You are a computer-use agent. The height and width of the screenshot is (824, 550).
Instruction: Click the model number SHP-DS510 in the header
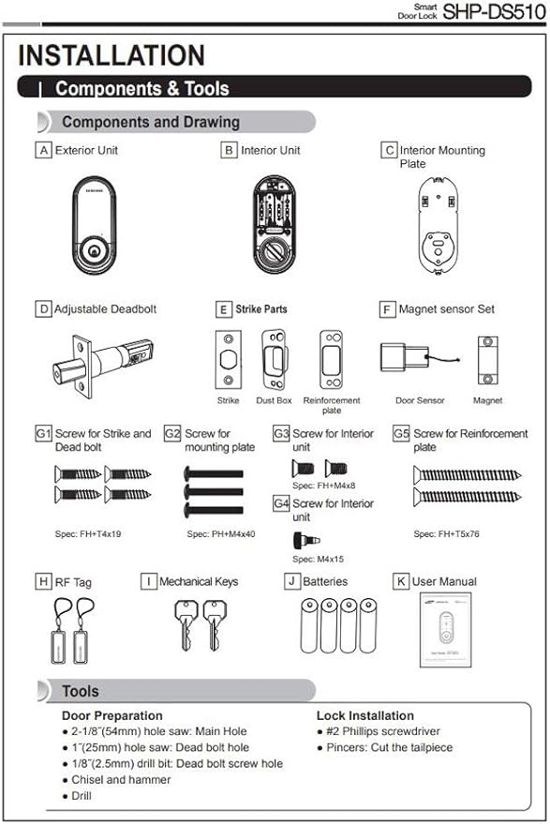click(493, 13)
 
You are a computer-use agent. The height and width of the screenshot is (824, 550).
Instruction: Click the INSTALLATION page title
click(111, 55)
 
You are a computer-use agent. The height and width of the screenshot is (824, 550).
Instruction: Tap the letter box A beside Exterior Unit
click(43, 150)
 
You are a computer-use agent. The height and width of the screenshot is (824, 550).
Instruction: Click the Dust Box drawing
click(275, 357)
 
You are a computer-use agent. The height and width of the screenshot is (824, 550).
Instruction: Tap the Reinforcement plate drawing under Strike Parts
click(331, 358)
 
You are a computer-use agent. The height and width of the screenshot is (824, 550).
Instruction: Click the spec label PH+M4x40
click(221, 533)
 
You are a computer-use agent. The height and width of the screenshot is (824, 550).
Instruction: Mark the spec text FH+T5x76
click(448, 533)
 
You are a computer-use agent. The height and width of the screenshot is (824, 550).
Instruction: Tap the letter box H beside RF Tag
click(43, 582)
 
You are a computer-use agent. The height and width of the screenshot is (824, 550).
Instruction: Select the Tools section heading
click(81, 692)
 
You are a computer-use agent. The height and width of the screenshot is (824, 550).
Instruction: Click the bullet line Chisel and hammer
click(121, 780)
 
